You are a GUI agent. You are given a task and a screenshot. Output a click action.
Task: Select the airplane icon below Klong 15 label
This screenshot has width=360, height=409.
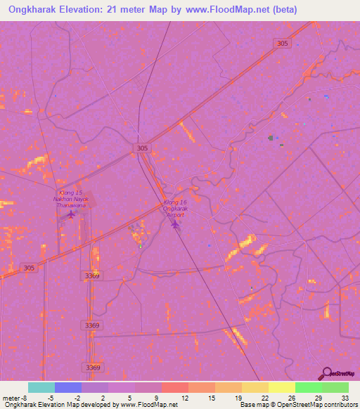[70, 214]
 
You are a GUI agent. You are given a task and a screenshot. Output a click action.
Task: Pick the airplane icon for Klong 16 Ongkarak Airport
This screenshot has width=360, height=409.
[175, 224]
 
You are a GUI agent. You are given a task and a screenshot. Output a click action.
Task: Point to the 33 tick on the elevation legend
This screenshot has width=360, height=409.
[345, 396]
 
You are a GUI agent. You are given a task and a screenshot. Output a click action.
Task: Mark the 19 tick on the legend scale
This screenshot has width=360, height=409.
[239, 396]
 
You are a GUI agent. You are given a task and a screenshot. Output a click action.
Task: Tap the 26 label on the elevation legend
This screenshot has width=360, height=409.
[292, 396]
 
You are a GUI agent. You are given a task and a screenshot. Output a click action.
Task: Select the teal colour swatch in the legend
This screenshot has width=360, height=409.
[41, 387]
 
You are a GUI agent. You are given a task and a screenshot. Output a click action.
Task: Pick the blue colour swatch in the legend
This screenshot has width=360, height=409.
[67, 387]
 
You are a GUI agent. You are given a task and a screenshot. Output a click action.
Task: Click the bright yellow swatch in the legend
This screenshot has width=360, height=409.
[281, 387]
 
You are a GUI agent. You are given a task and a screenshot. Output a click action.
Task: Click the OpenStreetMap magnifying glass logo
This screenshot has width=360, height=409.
[326, 373]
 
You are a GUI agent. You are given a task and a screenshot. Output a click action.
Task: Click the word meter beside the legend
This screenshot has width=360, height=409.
[10, 396]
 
